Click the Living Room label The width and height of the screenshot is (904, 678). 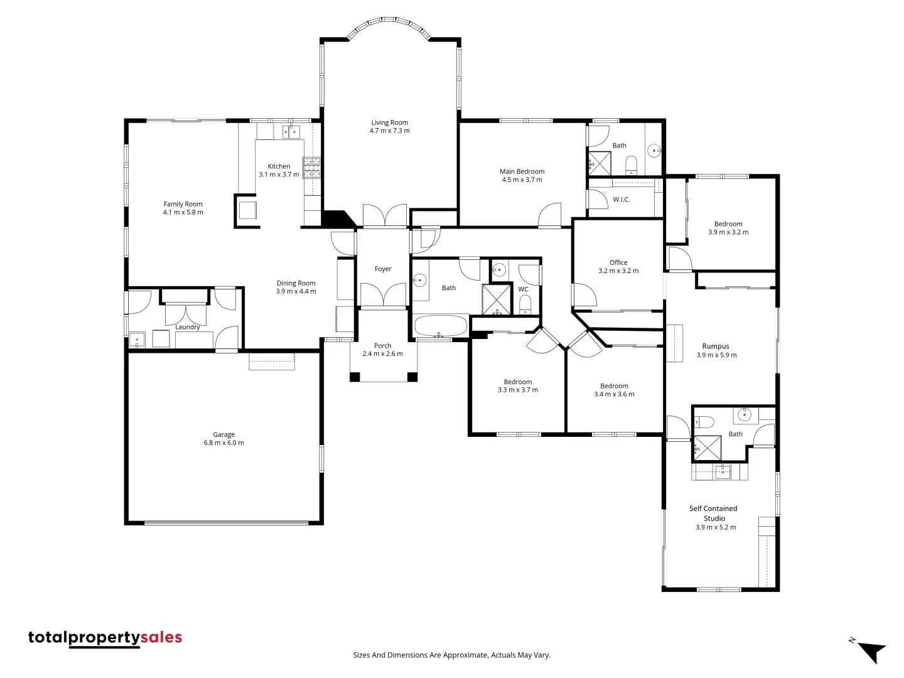389,122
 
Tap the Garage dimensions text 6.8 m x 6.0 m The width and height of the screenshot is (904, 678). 223,443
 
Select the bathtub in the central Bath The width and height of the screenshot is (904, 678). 440,326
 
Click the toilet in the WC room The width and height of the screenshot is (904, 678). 525,306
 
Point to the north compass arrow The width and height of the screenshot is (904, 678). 871,651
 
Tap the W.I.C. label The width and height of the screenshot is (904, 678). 621,200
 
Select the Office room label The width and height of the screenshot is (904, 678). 618,262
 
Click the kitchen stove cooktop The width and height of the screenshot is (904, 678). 311,167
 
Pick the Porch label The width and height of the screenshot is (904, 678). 382,346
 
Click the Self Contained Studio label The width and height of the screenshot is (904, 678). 714,513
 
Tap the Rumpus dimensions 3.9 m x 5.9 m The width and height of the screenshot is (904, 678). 716,355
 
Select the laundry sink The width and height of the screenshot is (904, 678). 137,340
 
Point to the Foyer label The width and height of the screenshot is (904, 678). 383,269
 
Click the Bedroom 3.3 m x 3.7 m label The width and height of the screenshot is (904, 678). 518,382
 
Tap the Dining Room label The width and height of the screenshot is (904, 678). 296,283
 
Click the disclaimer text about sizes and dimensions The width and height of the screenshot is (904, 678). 451,655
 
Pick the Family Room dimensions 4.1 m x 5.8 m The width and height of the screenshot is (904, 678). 183,212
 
